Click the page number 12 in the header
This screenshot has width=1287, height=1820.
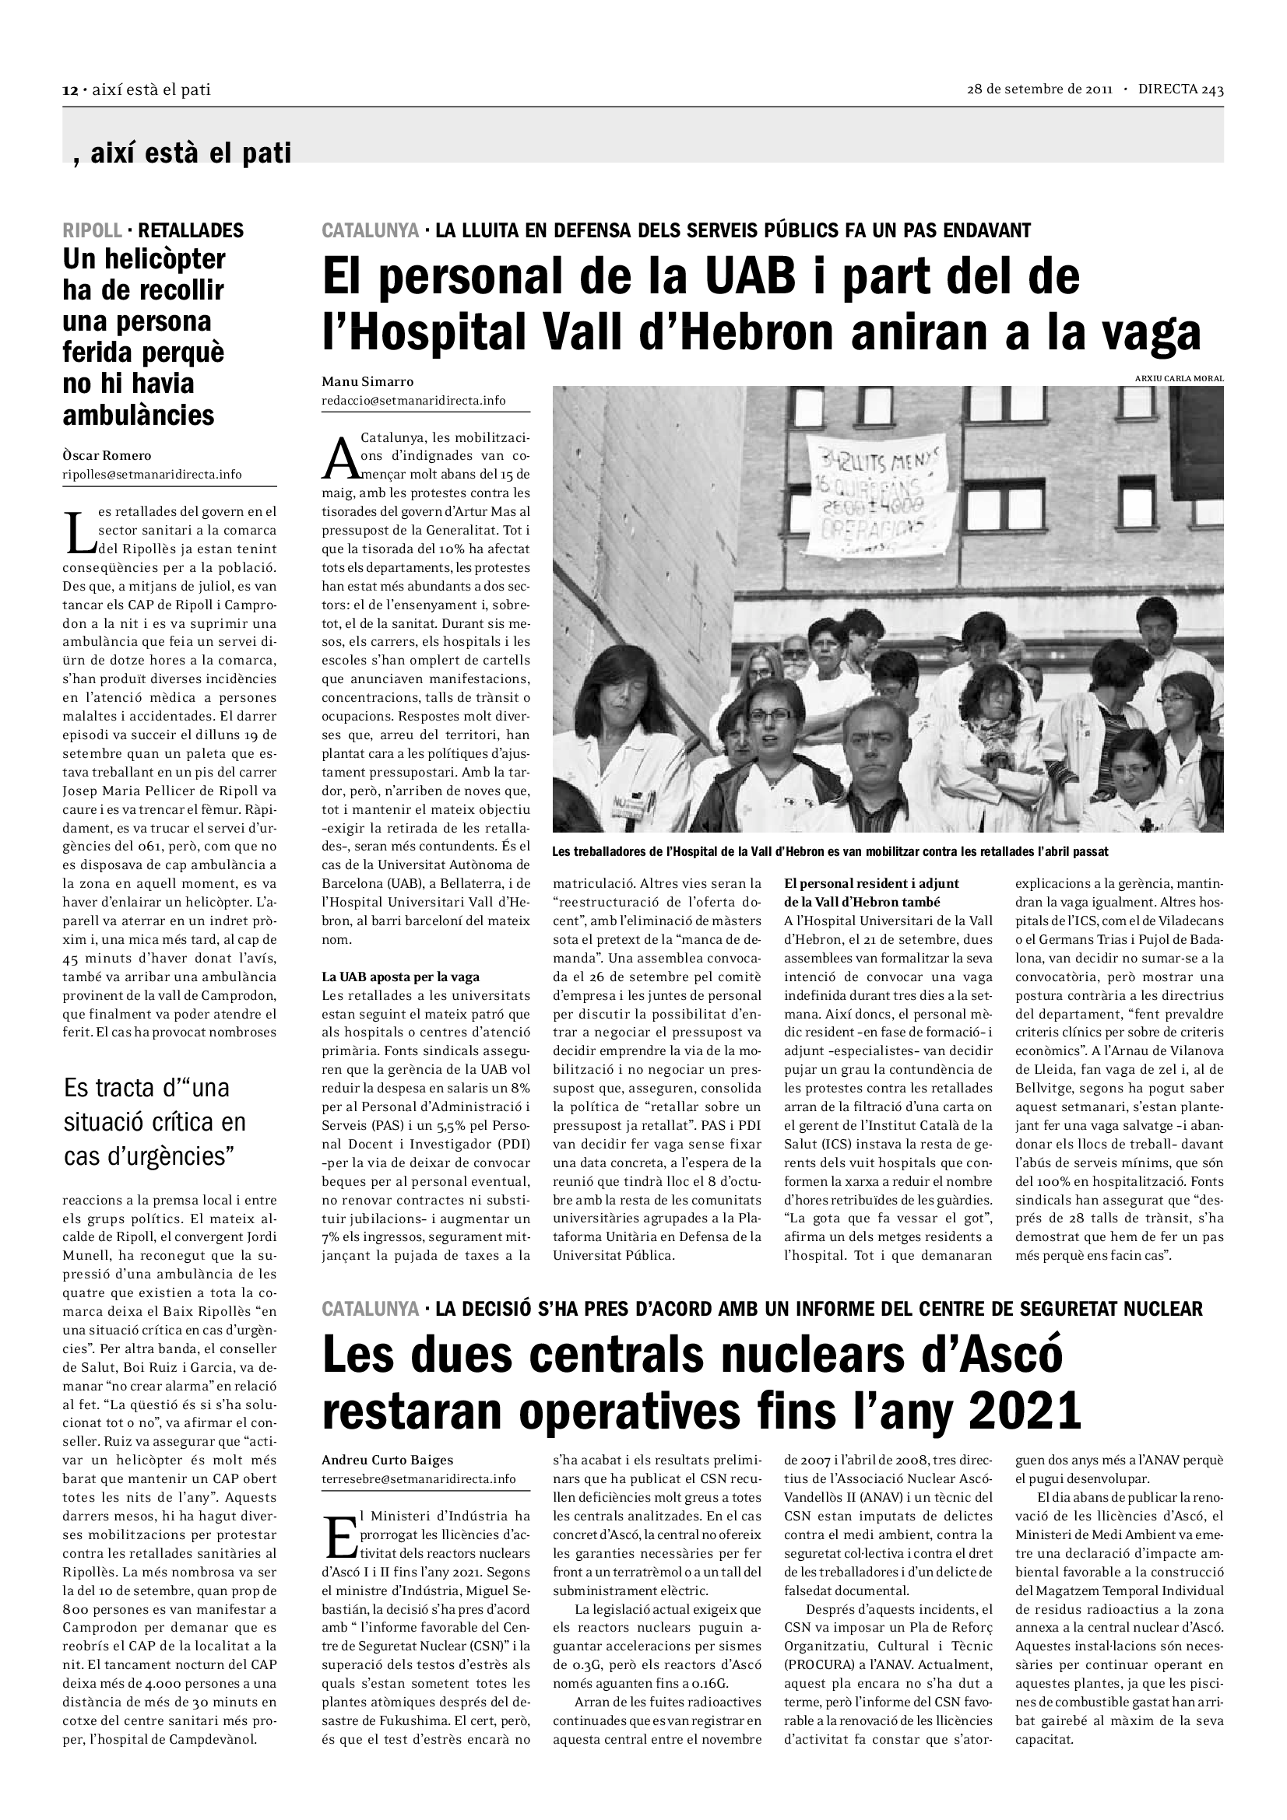point(69,90)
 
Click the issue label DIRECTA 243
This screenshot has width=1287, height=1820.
point(1180,89)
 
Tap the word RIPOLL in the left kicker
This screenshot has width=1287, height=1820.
point(92,230)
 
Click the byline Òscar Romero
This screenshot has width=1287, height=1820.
point(106,456)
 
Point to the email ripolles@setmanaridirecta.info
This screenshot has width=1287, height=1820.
point(152,475)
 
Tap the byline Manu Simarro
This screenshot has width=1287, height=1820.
point(367,382)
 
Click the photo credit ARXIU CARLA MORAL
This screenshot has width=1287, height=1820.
point(1178,379)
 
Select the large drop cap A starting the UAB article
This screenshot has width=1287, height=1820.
point(340,459)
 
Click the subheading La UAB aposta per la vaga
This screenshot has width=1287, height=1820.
point(400,977)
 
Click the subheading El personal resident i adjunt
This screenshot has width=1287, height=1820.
point(871,883)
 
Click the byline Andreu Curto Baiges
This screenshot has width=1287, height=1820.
point(387,1460)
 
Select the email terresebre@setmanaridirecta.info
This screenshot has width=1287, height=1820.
point(418,1479)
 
